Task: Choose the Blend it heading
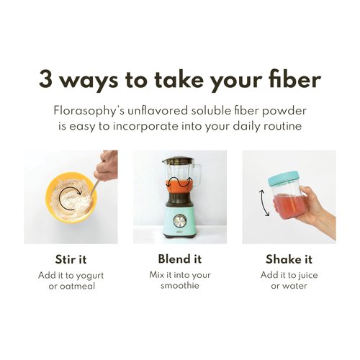[x=179, y=259]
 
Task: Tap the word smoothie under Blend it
[x=180, y=287]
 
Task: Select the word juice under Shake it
[x=309, y=275]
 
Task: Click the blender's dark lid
[x=179, y=160]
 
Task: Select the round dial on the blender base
[x=179, y=221]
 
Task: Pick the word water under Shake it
[x=297, y=287]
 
